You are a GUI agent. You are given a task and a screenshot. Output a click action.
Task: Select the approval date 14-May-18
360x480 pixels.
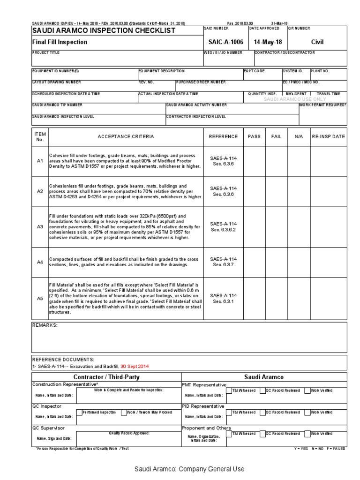[266, 42]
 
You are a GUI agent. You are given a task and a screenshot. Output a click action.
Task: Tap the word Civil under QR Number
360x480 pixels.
[317, 42]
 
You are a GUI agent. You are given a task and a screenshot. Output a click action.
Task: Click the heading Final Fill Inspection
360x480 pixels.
[60, 42]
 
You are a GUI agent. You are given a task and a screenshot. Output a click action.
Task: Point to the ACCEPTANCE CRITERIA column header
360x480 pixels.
[125, 136]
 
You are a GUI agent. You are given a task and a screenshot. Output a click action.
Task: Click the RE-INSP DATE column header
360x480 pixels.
[328, 136]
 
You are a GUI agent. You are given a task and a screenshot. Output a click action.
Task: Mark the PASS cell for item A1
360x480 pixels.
[254, 161]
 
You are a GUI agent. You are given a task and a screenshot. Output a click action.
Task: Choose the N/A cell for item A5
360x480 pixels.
[299, 299]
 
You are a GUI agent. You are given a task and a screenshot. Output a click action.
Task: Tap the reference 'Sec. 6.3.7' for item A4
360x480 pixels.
[223, 265]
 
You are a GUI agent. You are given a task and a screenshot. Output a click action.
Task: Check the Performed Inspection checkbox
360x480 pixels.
[80, 412]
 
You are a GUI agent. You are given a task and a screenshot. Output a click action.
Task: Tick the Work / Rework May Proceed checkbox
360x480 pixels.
[124, 412]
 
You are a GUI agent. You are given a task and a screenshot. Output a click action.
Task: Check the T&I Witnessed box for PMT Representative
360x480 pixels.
[228, 390]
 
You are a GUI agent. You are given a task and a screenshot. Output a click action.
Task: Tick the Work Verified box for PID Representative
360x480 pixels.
[307, 412]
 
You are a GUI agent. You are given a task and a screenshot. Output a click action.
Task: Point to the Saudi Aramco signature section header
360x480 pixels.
[264, 377]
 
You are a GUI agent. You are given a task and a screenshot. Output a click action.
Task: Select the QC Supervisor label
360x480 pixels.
[48, 428]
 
